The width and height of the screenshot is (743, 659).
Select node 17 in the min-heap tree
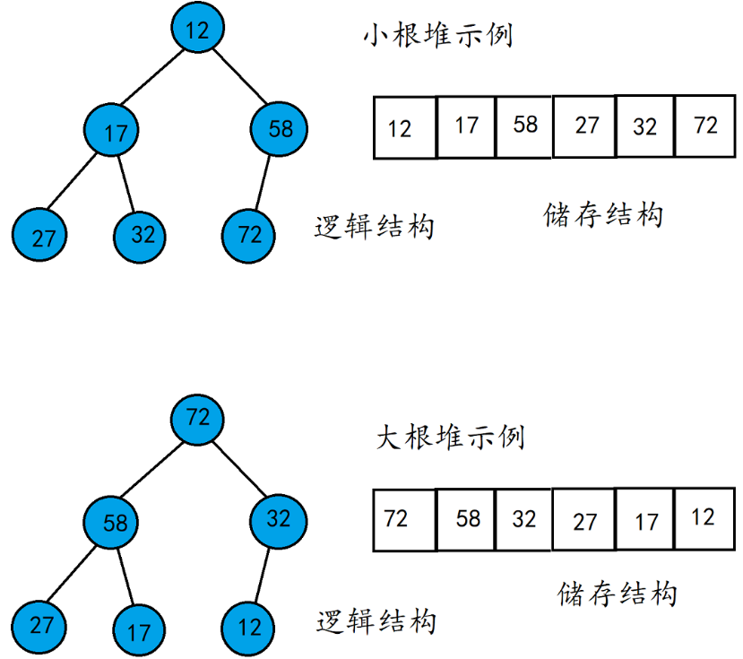point(114,132)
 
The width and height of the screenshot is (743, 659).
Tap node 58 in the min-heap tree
point(279,128)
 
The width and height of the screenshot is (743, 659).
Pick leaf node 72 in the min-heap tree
point(249,235)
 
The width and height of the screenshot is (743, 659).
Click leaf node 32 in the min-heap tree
point(142,235)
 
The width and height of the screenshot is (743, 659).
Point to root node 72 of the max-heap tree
point(197,419)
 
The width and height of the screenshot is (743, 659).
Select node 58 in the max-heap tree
point(114,522)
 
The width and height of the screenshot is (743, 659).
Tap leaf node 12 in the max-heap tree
point(249,627)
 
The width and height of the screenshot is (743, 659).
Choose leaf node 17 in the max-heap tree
point(139,630)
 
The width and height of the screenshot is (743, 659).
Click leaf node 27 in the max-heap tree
point(40,625)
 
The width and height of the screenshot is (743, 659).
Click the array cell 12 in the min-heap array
point(402,127)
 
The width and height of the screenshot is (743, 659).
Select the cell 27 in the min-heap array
point(585,126)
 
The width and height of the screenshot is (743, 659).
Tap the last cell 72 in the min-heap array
point(705,126)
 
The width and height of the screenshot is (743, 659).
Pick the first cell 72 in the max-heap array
point(402,518)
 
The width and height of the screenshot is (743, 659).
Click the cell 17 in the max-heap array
point(645,520)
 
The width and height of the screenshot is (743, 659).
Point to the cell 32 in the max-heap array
point(523,518)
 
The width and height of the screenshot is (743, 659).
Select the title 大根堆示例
point(449,438)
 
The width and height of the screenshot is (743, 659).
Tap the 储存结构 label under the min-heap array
point(602,215)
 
